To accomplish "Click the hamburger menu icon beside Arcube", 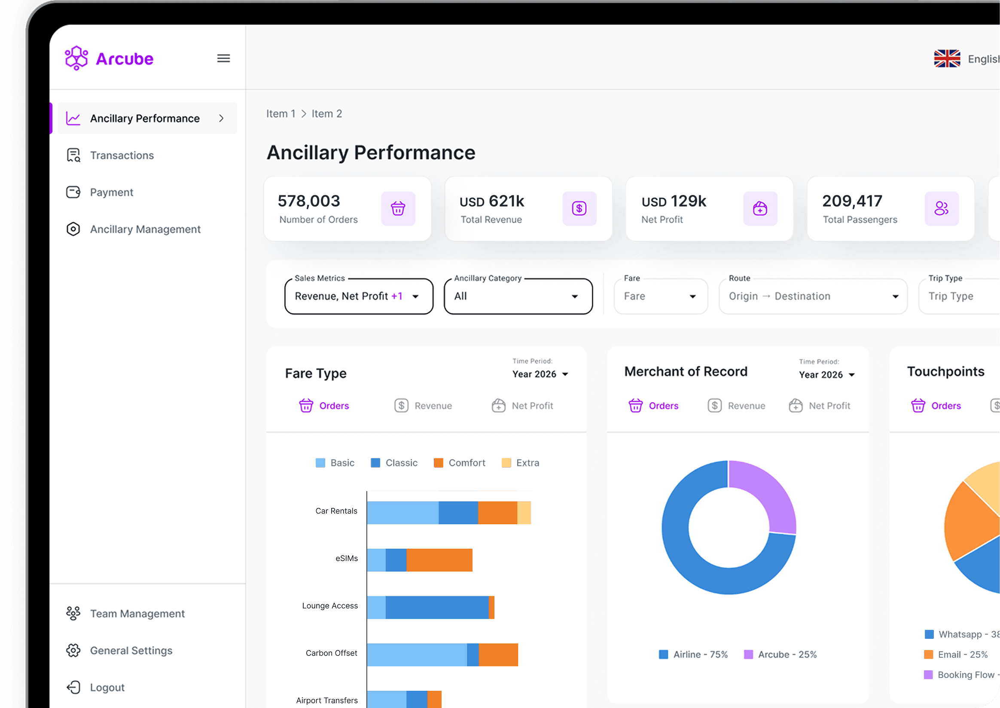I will pyautogui.click(x=223, y=58).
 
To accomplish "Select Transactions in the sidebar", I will pyautogui.click(x=122, y=155).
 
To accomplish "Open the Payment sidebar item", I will pyautogui.click(x=111, y=192).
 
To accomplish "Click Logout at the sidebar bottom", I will pyautogui.click(x=107, y=687).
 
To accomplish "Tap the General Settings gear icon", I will pyautogui.click(x=73, y=650).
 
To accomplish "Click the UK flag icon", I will pyautogui.click(x=947, y=58).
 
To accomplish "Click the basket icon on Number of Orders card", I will pyautogui.click(x=398, y=208).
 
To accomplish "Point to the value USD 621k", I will pyautogui.click(x=491, y=201).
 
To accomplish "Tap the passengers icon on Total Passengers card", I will pyautogui.click(x=941, y=208).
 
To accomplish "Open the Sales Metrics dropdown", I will pyautogui.click(x=359, y=296).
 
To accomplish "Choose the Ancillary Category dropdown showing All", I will pyautogui.click(x=518, y=296).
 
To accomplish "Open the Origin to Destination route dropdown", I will pyautogui.click(x=813, y=296).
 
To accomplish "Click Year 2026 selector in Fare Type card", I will pyautogui.click(x=540, y=374).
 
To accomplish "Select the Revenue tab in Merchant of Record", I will pyautogui.click(x=737, y=406).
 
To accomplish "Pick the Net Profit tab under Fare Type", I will pyautogui.click(x=522, y=406).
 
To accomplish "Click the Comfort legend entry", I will pyautogui.click(x=460, y=463).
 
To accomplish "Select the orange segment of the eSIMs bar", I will pyautogui.click(x=439, y=560).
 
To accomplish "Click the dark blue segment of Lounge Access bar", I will pyautogui.click(x=437, y=607).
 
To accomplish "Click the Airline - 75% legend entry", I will pyautogui.click(x=693, y=654).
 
